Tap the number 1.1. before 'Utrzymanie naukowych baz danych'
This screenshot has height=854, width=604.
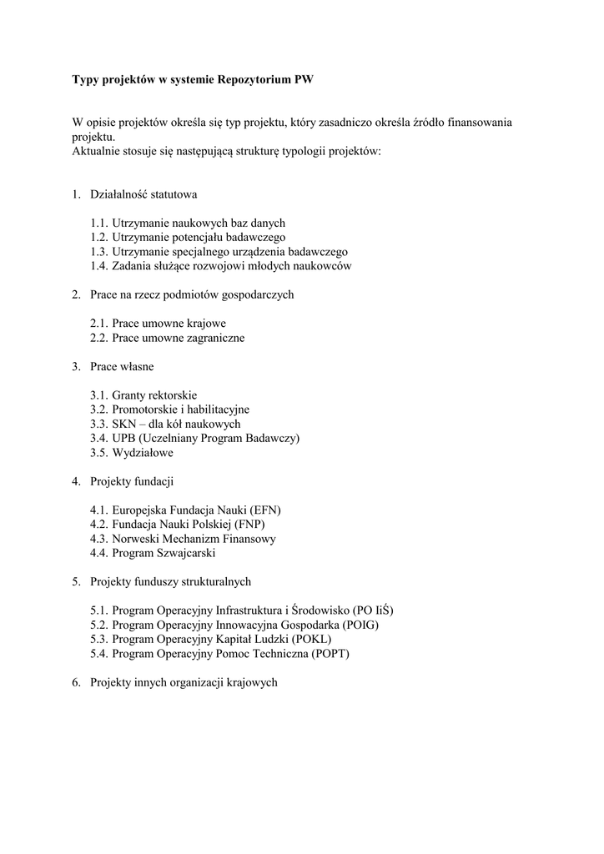click(100, 223)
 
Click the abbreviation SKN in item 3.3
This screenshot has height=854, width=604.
click(123, 424)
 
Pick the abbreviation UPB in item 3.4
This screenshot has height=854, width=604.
click(124, 438)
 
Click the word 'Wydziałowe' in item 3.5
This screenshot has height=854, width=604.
click(143, 452)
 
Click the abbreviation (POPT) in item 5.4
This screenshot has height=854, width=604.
click(330, 653)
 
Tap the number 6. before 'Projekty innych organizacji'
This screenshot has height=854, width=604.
click(76, 682)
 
